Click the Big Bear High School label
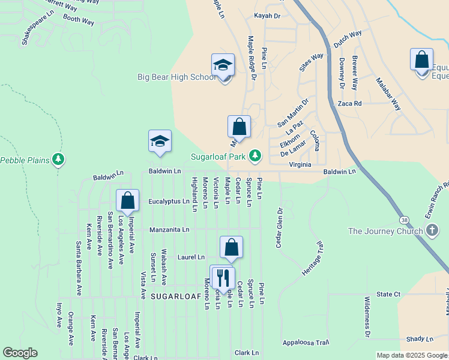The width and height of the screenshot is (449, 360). pyautogui.click(x=176, y=77)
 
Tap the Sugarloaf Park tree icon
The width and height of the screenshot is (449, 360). pyautogui.click(x=255, y=156)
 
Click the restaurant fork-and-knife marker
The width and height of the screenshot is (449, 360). pyautogui.click(x=222, y=278)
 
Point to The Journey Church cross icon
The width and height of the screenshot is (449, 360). pyautogui.click(x=431, y=231)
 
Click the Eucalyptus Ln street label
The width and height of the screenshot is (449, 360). pyautogui.click(x=169, y=202)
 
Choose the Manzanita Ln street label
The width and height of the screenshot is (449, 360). pyautogui.click(x=169, y=230)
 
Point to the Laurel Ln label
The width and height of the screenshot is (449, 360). pyautogui.click(x=191, y=257)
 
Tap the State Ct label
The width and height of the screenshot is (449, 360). pyautogui.click(x=388, y=295)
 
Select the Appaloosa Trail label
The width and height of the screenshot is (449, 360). pyautogui.click(x=306, y=343)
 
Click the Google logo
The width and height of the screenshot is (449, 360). pyautogui.click(x=20, y=353)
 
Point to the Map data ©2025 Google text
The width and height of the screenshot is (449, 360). pyautogui.click(x=411, y=356)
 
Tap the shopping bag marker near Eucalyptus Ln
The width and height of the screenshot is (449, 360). pyautogui.click(x=128, y=201)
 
